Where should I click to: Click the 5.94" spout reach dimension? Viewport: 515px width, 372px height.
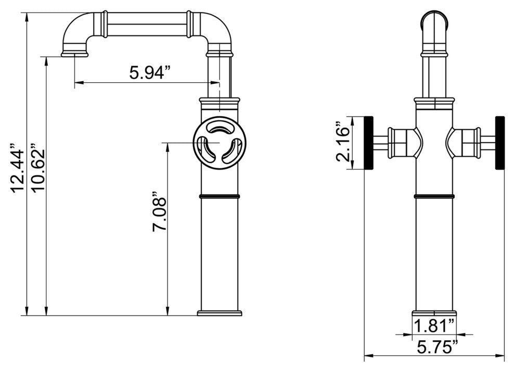pyautogui.click(x=151, y=72)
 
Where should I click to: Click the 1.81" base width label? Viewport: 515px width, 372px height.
pyautogui.click(x=434, y=326)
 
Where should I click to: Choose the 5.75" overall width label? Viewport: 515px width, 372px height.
pyautogui.click(x=438, y=346)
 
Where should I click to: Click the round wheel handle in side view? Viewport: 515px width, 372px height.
pyautogui.click(x=219, y=143)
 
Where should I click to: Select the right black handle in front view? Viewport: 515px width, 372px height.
pyautogui.click(x=500, y=143)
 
